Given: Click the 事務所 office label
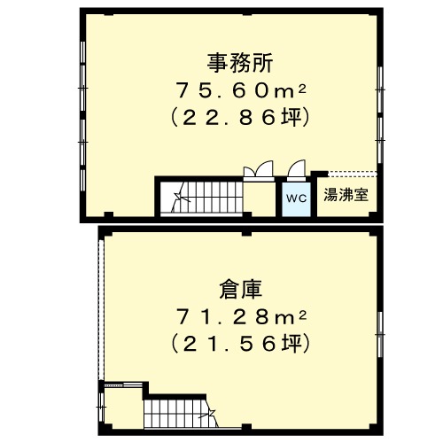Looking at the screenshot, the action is tap(240, 63).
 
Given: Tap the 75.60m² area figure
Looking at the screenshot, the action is tap(241, 90).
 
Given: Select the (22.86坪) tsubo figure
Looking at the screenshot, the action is tap(240, 117).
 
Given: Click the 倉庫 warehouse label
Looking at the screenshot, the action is tap(241, 290).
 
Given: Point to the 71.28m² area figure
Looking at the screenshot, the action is tap(241, 317).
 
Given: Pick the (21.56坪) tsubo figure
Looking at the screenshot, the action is tap(240, 343).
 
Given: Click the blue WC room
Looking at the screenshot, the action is tap(296, 199).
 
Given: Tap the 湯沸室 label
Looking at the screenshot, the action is tap(346, 195).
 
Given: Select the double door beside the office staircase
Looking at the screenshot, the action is tap(259, 171).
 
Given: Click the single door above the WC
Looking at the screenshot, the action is tap(296, 171).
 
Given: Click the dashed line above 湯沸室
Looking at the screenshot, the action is tap(353, 174).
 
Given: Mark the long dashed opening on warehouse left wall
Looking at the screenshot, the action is tap(101, 309).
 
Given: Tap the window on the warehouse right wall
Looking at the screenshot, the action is tap(380, 334).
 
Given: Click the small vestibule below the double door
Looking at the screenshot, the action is tap(260, 197).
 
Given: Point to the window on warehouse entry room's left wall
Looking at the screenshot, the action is tap(101, 407).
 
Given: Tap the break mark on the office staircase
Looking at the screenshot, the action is tap(180, 197).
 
